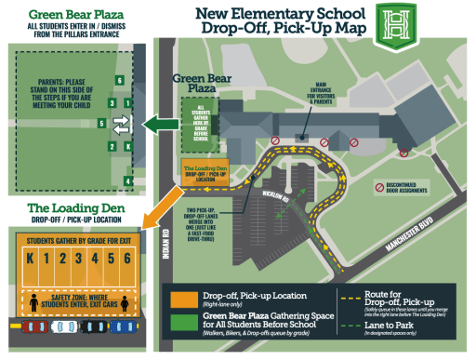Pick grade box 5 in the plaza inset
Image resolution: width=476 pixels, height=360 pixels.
112,101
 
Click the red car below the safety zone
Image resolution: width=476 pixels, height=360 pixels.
36,327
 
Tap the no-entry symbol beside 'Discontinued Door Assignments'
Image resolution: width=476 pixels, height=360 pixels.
378,187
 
